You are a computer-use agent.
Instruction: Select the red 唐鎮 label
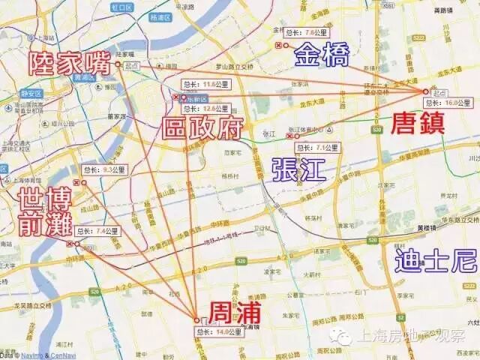point(418,122)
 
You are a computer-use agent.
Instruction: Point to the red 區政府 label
point(203,128)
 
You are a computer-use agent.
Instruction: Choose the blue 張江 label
point(299,169)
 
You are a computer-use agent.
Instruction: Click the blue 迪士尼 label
point(436,262)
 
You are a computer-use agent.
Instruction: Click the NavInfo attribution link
point(29,355)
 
